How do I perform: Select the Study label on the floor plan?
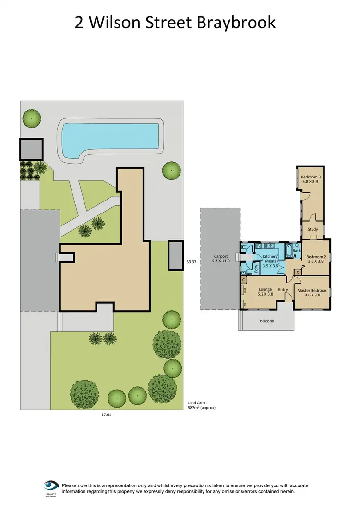pos(312,229)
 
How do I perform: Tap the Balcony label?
pos(267,321)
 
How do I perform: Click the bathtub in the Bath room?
pos(288,251)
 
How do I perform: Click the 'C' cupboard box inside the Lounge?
pos(244,279)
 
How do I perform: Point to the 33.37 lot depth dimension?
pos(192,262)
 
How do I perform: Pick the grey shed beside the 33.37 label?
pos(175,255)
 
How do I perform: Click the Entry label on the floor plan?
pos(283,289)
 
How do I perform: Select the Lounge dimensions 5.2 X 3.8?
pos(265,295)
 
